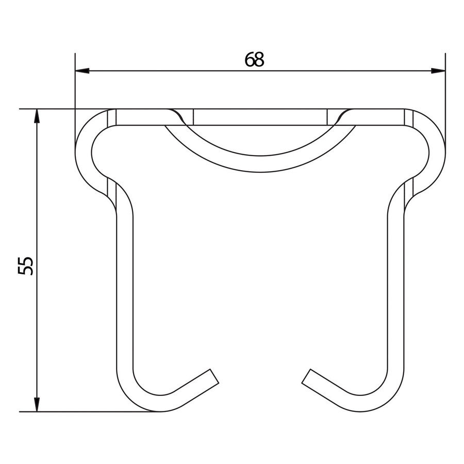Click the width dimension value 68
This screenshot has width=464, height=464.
point(254,60)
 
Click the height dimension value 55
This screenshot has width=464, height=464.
point(26,265)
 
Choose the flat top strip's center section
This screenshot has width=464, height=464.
point(260,117)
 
